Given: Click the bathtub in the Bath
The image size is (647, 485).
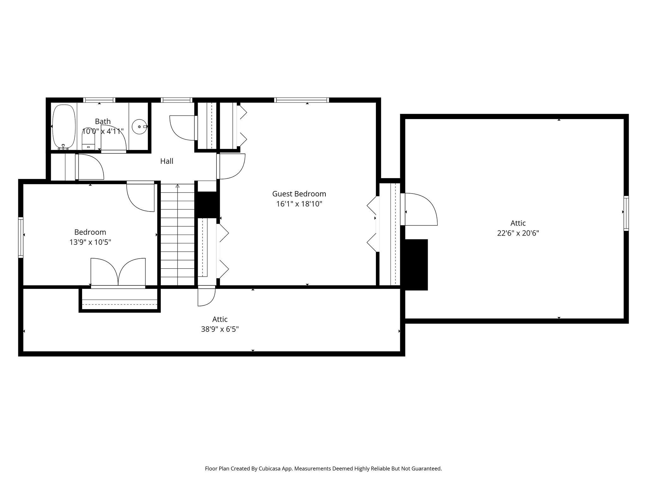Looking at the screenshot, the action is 64,127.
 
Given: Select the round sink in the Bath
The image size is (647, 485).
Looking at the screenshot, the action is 139,127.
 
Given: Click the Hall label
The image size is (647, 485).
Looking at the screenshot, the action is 167,161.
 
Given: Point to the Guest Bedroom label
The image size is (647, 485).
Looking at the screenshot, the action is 299,194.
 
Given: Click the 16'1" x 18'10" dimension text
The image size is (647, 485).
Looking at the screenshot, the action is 299,204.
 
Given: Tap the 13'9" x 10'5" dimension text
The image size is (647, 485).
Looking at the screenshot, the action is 90,242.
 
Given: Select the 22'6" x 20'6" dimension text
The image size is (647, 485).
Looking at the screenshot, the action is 518,233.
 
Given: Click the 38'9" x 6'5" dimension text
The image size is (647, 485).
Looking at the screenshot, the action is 220,329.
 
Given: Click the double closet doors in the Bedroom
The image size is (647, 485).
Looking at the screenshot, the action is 118,272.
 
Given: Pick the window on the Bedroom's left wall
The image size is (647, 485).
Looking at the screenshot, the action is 21,237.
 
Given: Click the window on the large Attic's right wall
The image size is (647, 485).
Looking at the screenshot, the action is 626,213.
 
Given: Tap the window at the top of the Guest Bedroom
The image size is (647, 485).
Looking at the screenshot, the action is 302,100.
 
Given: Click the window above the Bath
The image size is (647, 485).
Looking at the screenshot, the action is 99,100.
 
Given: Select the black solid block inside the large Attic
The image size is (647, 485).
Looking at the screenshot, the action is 416,265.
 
